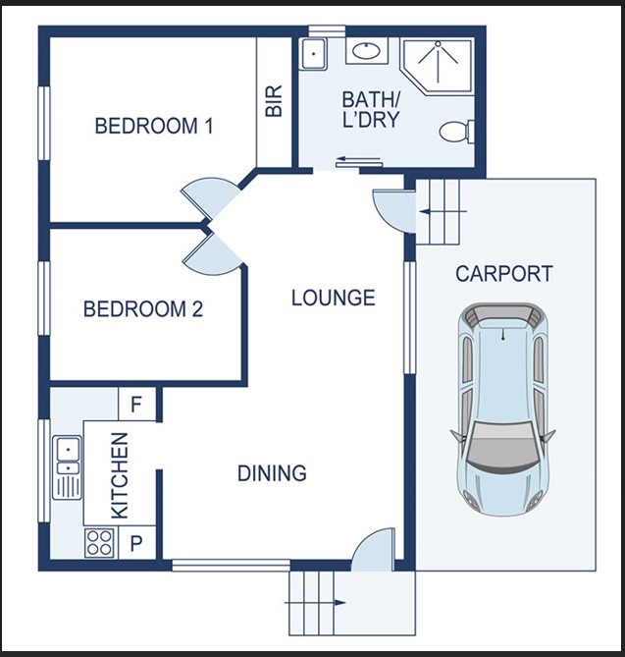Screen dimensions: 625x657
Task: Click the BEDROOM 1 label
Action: [x=154, y=126]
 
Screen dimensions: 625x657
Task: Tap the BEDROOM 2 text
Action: [x=143, y=309]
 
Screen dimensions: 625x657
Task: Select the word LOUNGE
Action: [x=334, y=298]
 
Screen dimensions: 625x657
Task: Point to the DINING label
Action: [x=272, y=473]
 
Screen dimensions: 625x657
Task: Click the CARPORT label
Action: [x=504, y=274]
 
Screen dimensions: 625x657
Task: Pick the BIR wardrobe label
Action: [x=274, y=101]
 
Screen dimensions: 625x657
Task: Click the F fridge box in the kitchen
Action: [x=137, y=405]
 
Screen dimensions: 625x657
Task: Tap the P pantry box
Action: [x=137, y=543]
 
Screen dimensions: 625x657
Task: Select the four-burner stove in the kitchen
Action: [x=100, y=543]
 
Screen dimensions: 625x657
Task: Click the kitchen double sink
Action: [x=67, y=468]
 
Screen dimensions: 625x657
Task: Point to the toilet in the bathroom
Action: [x=456, y=132]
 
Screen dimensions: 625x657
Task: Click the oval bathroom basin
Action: [x=366, y=51]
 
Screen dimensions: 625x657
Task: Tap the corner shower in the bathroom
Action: [x=438, y=66]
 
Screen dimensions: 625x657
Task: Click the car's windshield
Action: [x=502, y=446]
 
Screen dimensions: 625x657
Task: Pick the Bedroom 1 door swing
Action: [x=211, y=197]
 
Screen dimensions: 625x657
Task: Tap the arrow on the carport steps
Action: [x=443, y=212]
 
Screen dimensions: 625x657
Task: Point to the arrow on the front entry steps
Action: [x=315, y=603]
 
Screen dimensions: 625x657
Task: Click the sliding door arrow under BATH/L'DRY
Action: [x=359, y=159]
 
